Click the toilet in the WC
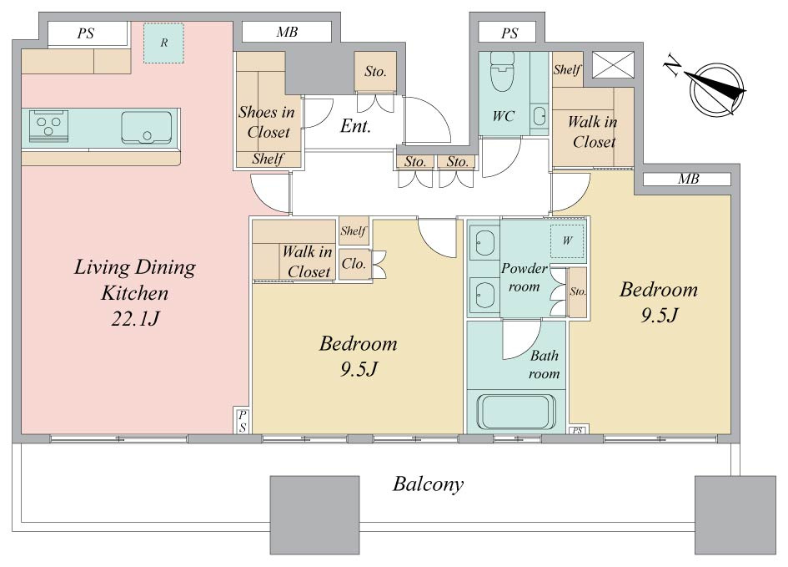coord(502,71)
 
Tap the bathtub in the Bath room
coord(516,412)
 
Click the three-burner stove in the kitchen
coord(48,125)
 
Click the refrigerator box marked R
coord(163,43)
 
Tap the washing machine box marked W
coord(567,240)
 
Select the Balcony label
coord(428,484)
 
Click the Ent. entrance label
coord(355,126)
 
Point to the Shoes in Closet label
coord(267,122)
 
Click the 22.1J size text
coord(135,319)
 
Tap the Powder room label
coord(524,277)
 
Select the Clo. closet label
coord(354,264)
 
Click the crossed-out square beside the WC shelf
coord(613,65)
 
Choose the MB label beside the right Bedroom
coord(688,179)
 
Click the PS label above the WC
coord(509,33)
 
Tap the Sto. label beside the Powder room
coord(577,291)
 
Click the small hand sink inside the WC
coord(540,116)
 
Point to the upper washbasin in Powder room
coord(484,244)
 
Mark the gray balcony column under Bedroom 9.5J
coord(314,515)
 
